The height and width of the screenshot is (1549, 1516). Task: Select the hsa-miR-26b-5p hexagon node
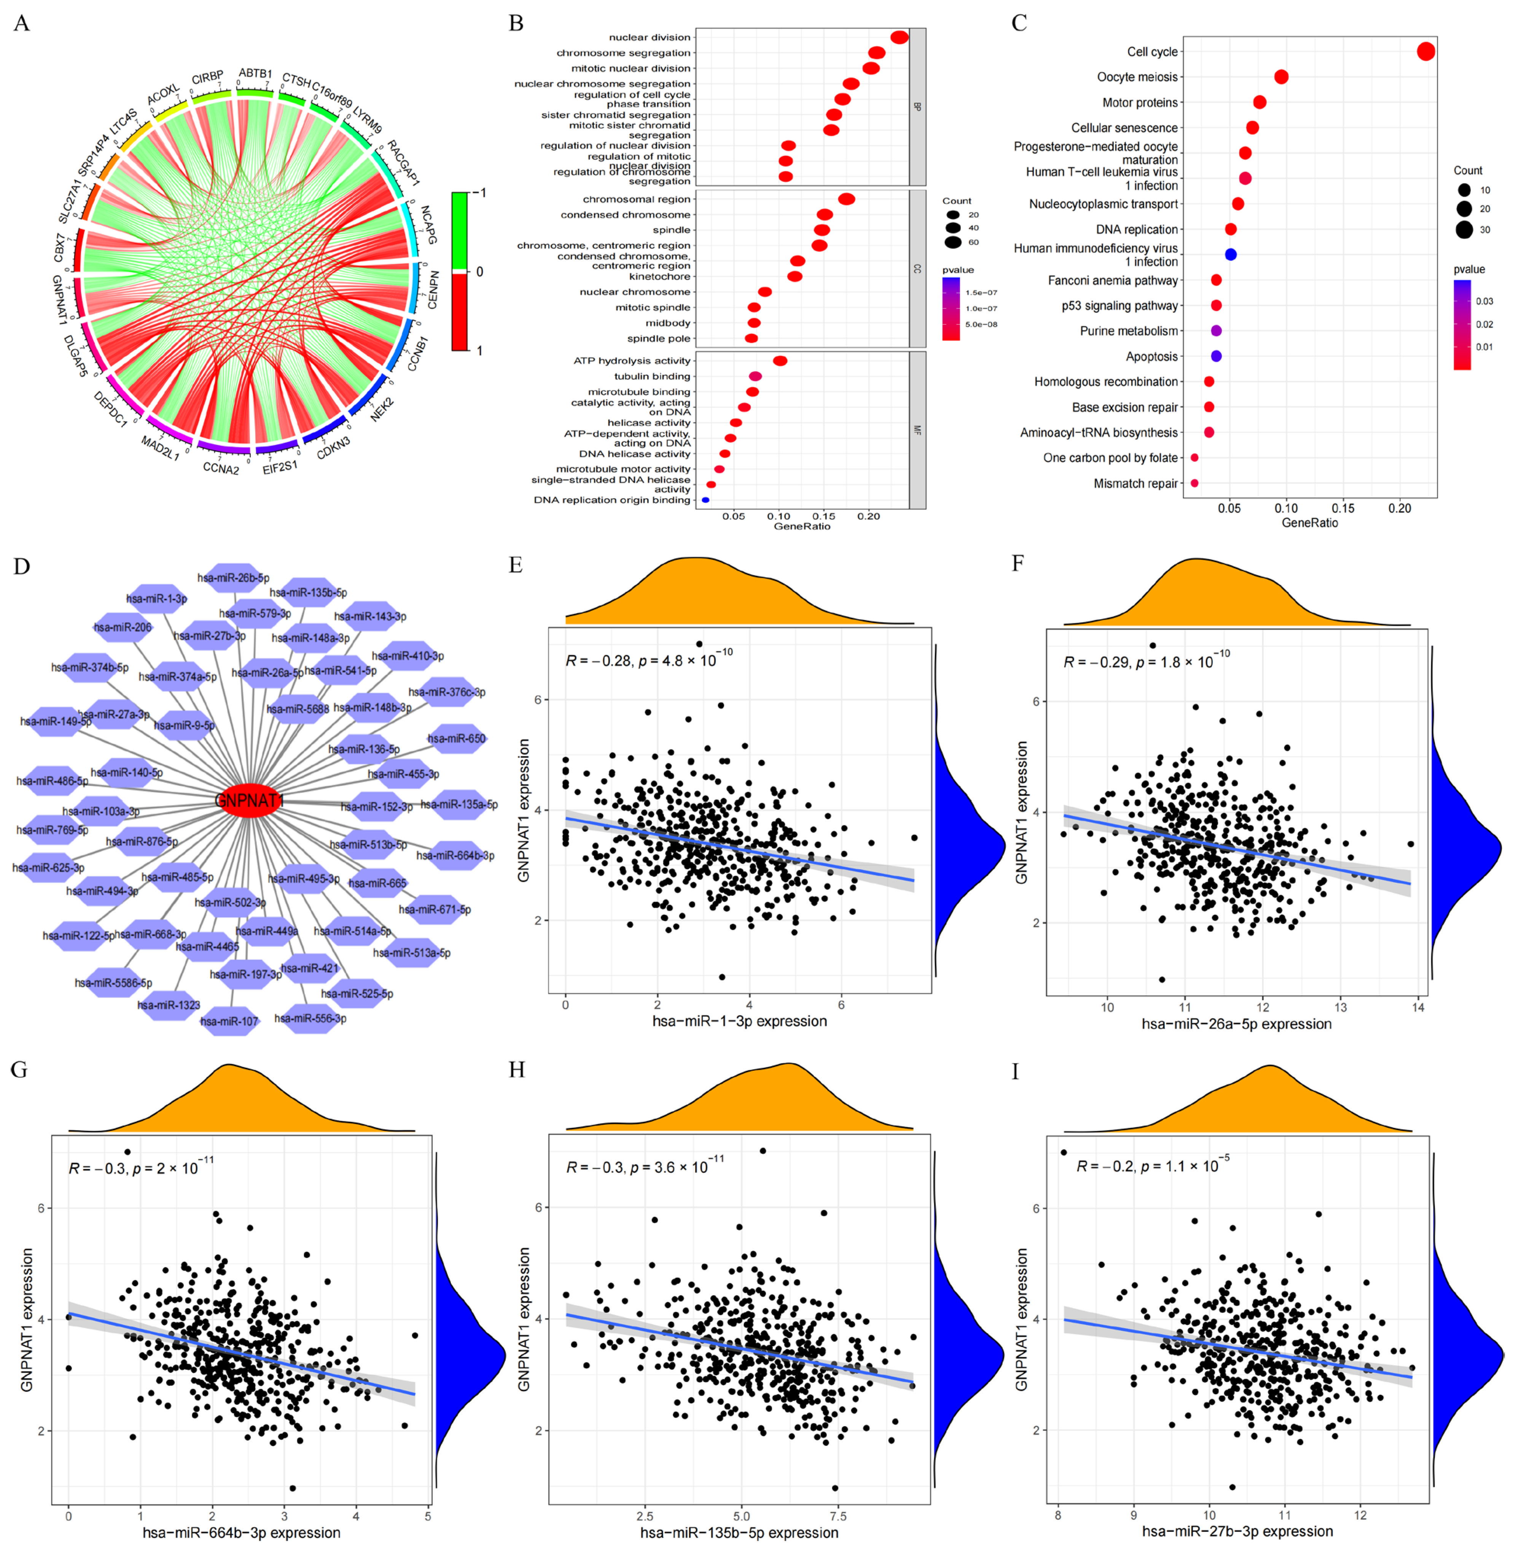pyautogui.click(x=233, y=578)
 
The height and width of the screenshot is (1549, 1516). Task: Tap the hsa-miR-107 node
pyautogui.click(x=229, y=1021)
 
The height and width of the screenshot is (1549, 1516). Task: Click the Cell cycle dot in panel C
pyautogui.click(x=1426, y=52)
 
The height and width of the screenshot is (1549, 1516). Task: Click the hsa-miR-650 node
pyautogui.click(x=456, y=739)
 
